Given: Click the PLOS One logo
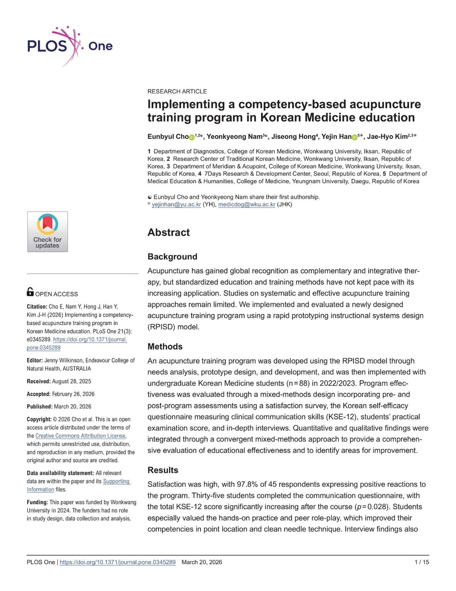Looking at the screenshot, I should click(69, 46).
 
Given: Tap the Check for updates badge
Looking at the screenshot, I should click(47, 232).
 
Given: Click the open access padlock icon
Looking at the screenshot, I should click(30, 292).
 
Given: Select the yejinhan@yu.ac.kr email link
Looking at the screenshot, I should click(176, 205).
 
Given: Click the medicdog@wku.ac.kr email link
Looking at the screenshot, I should click(246, 205).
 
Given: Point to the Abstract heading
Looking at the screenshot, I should click(168, 232).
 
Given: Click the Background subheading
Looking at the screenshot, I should click(172, 257).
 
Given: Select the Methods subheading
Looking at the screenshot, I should click(165, 347).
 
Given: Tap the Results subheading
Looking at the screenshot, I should click(163, 470).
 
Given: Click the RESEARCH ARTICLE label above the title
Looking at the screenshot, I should click(177, 91).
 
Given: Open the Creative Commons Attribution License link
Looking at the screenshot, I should click(80, 436).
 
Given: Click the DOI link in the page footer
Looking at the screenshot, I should click(117, 562).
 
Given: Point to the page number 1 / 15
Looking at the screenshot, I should click(422, 562).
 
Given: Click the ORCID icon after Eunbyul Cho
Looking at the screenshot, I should click(192, 137).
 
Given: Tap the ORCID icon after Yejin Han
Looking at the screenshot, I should click(354, 137).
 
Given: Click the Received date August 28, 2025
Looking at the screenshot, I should click(71, 381).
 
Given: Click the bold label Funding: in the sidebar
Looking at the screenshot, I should click(37, 502).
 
